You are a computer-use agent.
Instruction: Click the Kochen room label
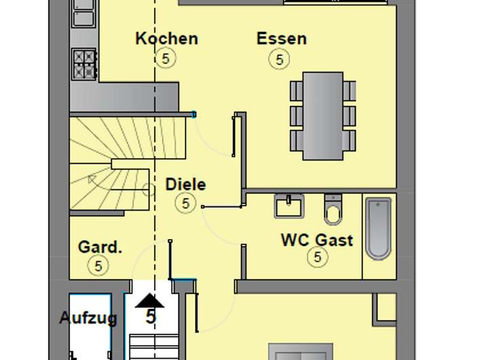coord(166,38)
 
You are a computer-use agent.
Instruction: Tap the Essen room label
coord(281,39)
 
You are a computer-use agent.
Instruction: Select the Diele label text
coord(185,184)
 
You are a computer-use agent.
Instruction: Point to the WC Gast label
coord(316,240)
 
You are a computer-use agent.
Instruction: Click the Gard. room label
coord(100,247)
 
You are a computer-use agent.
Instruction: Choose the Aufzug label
coord(88,317)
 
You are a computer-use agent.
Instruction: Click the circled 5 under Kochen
coord(165,58)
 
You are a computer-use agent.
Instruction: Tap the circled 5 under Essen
coord(279,60)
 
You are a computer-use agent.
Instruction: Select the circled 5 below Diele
coord(185,202)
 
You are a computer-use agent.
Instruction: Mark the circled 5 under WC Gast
coord(317,257)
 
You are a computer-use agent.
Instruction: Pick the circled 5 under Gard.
coord(98,266)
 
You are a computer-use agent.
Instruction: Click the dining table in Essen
coord(323,115)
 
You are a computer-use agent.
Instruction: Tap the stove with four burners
coord(85,64)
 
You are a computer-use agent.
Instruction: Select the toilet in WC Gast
coord(333,209)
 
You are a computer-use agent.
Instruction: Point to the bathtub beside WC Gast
coord(378,228)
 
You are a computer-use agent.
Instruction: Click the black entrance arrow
coord(149,300)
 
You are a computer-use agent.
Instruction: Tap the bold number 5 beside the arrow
coord(151,317)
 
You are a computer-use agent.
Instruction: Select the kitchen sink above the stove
coord(84,17)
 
